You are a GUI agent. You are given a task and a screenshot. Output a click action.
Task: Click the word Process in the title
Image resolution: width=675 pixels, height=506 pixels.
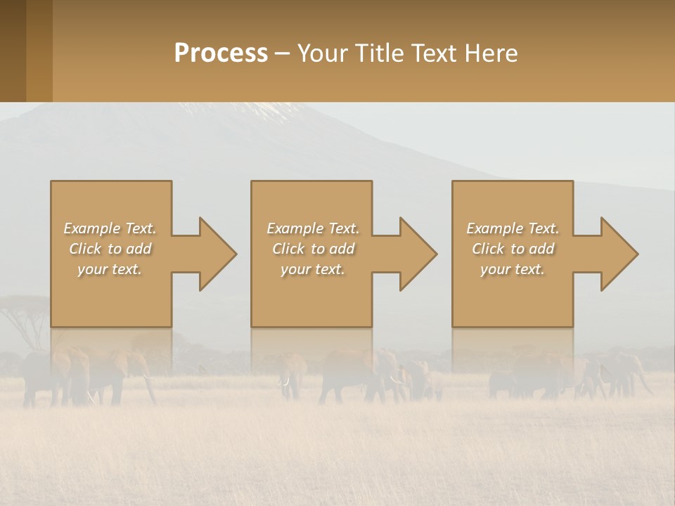coord(221,53)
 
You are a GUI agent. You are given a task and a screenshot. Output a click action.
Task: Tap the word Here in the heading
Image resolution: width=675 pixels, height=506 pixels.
coord(491,53)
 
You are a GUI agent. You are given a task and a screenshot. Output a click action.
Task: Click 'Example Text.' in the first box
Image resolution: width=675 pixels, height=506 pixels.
coord(110,228)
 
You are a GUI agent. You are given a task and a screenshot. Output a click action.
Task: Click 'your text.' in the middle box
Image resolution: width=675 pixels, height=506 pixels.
coord(312,269)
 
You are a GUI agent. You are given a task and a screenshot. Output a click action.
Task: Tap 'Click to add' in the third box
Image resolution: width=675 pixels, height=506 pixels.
coord(513,249)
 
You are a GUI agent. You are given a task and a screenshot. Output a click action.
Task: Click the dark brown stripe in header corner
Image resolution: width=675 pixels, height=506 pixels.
coord(13,51)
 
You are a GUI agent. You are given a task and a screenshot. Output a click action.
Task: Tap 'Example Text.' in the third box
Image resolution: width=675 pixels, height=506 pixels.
coord(513,228)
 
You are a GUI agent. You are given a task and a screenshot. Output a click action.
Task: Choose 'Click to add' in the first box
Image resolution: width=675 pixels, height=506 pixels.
coord(110,249)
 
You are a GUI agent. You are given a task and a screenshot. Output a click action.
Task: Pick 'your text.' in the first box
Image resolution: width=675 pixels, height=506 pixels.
coord(110,269)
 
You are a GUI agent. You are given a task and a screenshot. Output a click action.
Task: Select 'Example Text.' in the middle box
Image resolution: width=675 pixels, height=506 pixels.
coord(312,228)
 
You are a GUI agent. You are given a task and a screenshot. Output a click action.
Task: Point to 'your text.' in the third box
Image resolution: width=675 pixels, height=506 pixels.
coord(513,269)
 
